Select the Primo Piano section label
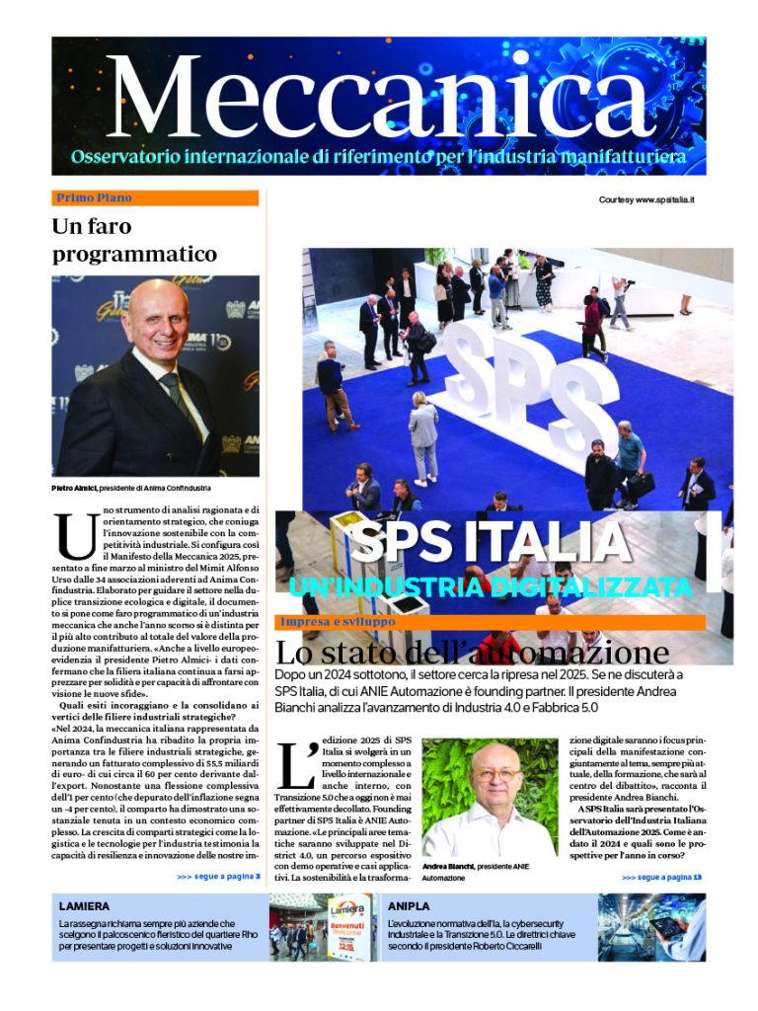(x=95, y=197)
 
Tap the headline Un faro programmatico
(x=133, y=240)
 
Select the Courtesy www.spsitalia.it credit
(x=646, y=199)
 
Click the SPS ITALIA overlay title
(x=490, y=542)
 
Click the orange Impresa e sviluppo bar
(x=490, y=622)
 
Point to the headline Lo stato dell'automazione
(x=472, y=653)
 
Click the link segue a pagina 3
(x=218, y=876)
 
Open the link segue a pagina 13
(x=661, y=876)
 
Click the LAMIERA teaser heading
(x=85, y=904)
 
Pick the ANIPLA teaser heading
(x=409, y=904)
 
